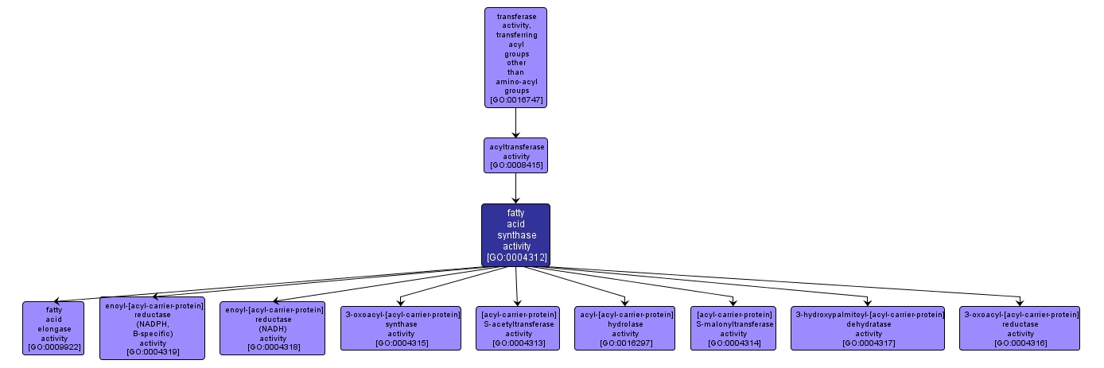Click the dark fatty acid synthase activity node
coord(515,234)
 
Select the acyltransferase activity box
coord(515,155)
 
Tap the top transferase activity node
coord(515,57)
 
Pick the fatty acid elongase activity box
coord(53,328)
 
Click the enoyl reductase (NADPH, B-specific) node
coord(152,328)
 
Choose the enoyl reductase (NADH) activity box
coord(272,327)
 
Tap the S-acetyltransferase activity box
coord(518,328)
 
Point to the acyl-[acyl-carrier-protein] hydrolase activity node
coord(626,328)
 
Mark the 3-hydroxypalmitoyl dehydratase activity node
coord(868,328)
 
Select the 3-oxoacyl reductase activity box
coord(1020,328)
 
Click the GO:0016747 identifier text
coord(515,100)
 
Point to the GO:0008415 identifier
coord(515,165)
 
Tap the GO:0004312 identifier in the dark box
coord(515,258)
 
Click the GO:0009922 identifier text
coord(53,347)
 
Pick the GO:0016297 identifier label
coord(626,343)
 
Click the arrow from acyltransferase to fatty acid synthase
coord(515,188)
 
